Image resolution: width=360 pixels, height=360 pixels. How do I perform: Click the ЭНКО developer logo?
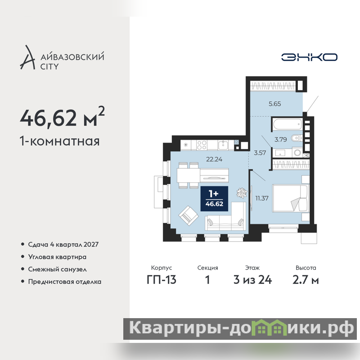click(309, 57)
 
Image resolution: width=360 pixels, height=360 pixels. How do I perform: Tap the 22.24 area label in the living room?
click(214, 159)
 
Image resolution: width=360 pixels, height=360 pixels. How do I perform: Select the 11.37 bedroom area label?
click(262, 198)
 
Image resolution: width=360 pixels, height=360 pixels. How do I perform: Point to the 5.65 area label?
click(274, 104)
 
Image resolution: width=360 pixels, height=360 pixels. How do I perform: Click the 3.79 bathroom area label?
click(280, 139)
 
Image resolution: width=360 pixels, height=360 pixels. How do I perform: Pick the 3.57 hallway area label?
click(260, 153)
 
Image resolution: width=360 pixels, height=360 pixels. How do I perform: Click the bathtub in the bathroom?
click(287, 124)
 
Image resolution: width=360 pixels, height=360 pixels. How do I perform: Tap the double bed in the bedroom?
click(290, 198)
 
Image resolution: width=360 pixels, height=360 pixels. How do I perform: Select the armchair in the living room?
click(189, 216)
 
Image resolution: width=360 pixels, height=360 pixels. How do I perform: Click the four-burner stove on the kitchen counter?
click(202, 145)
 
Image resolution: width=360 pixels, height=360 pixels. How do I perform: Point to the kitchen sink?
click(223, 145)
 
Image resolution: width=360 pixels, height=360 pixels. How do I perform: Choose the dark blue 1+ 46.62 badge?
click(214, 198)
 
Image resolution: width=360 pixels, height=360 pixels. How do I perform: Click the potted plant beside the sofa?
click(242, 193)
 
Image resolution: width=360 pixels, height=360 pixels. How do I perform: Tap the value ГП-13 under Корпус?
click(162, 280)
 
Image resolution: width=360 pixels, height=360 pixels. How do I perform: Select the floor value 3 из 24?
click(252, 280)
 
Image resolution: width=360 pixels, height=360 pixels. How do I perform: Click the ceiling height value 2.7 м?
click(306, 280)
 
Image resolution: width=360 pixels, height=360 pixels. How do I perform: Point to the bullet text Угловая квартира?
click(57, 257)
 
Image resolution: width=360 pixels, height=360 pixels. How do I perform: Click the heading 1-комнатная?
click(60, 141)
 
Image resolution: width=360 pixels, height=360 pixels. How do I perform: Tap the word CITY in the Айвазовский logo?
click(49, 67)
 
